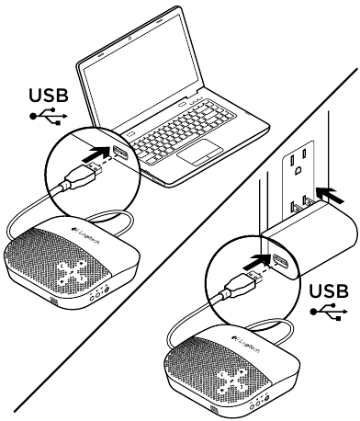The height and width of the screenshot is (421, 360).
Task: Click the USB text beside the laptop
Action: (49, 96)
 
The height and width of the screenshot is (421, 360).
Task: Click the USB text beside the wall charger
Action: (329, 291)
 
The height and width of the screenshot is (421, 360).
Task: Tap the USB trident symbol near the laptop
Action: (49, 117)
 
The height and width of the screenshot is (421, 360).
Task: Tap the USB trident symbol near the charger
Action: (329, 312)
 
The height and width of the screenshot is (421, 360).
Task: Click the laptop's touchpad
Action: (200, 152)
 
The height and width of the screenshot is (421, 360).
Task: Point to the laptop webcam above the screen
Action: (130, 39)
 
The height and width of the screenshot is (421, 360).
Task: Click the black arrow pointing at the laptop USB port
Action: (96, 154)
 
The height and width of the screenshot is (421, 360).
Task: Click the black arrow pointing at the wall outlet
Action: (330, 194)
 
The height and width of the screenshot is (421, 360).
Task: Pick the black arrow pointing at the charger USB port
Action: (256, 262)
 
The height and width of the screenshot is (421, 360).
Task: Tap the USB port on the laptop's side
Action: (120, 153)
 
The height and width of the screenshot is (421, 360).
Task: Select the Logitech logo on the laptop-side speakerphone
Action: (84, 233)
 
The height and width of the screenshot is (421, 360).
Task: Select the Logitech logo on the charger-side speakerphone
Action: (244, 343)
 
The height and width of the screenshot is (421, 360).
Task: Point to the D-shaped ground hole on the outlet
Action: (298, 170)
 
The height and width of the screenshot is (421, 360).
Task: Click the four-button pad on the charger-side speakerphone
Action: (231, 379)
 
